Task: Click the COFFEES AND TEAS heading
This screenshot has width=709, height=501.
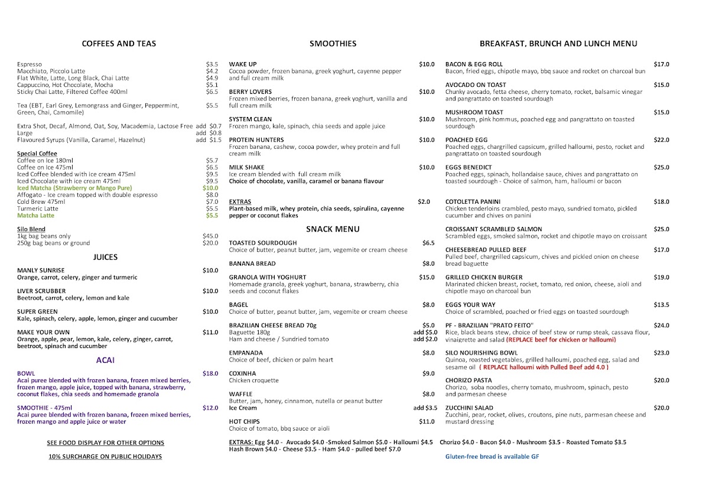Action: [x=119, y=44]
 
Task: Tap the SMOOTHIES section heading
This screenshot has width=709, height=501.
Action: [x=333, y=44]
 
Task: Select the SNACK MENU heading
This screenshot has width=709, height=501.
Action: [x=333, y=229]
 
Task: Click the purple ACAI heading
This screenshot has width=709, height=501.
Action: [x=105, y=360]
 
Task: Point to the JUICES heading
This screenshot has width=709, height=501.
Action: [x=105, y=257]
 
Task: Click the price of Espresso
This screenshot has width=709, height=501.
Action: [x=212, y=64]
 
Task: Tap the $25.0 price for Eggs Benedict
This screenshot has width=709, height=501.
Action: [x=661, y=168]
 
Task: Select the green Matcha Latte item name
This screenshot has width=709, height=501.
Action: [x=35, y=216]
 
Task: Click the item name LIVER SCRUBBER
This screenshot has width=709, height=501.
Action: [x=41, y=291]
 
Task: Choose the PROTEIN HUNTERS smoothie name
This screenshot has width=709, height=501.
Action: [x=256, y=140]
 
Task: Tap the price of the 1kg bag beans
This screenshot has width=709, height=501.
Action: [x=210, y=236]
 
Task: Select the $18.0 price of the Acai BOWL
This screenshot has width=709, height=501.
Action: [x=210, y=374]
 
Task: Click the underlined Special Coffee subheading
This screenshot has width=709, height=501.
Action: [x=37, y=154]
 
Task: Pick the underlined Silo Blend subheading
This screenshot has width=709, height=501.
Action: [x=31, y=229]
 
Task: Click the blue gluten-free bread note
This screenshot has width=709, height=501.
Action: [x=492, y=457]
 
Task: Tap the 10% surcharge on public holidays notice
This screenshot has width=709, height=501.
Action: [x=105, y=457]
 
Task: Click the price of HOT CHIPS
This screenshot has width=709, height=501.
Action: [x=427, y=422]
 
